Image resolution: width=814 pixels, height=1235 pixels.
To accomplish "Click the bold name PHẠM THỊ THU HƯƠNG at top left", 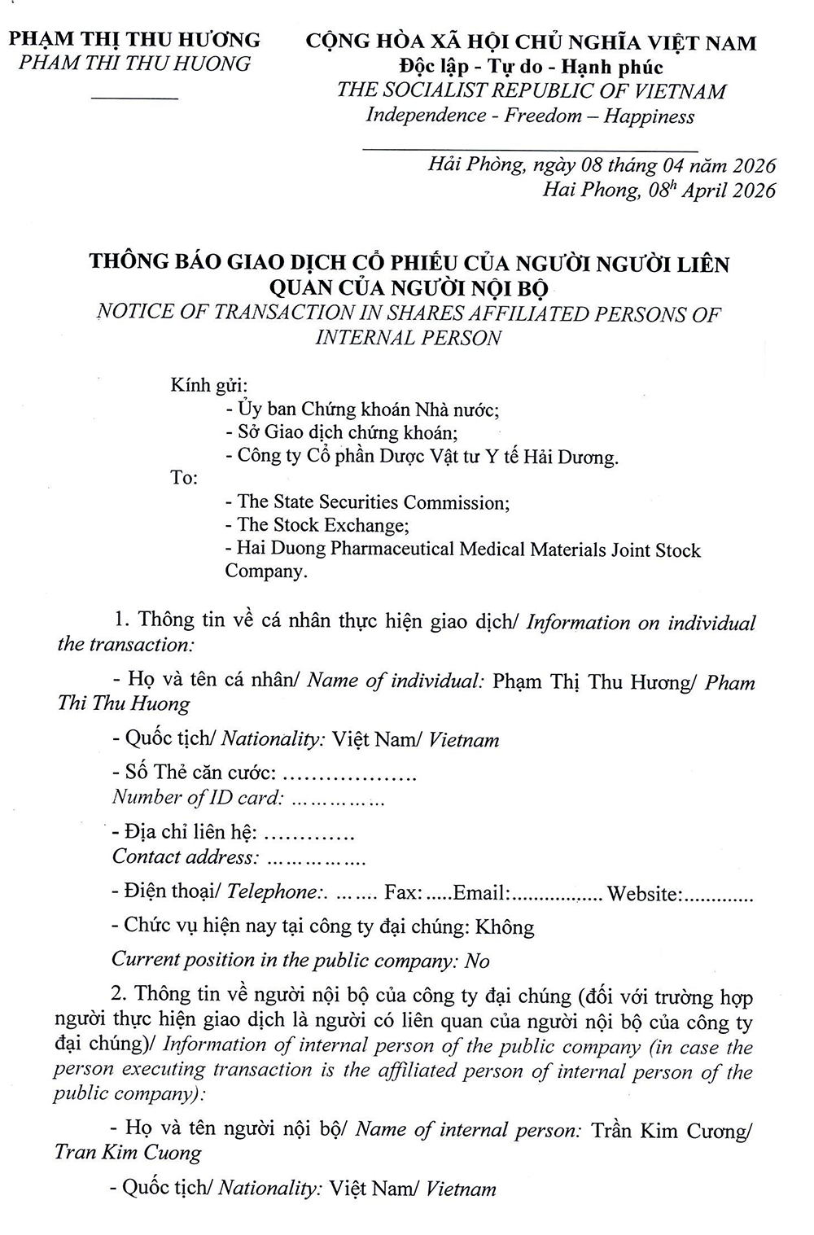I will click(x=134, y=40).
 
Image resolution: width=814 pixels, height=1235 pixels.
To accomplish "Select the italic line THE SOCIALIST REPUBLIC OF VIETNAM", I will click(x=532, y=90).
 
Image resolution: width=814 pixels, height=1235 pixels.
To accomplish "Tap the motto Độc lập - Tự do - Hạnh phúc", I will click(x=532, y=67).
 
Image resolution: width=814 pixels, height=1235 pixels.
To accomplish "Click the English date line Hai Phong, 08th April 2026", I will click(x=659, y=191).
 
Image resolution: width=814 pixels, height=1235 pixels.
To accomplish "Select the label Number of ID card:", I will click(x=197, y=797).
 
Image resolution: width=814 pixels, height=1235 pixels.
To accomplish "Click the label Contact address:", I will click(x=185, y=856).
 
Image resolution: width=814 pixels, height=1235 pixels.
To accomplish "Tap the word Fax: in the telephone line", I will click(x=402, y=892).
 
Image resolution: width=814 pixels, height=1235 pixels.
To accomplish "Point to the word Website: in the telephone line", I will click(x=644, y=893).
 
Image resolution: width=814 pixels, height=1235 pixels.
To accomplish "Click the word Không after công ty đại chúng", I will click(x=505, y=926).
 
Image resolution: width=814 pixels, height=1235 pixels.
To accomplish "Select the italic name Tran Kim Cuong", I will click(x=128, y=1153).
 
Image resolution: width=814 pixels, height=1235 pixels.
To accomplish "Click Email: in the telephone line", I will click(x=481, y=892).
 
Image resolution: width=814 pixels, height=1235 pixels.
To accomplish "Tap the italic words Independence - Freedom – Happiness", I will click(x=530, y=116).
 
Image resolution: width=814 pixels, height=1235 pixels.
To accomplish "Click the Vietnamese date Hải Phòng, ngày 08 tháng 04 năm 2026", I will click(x=602, y=166).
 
